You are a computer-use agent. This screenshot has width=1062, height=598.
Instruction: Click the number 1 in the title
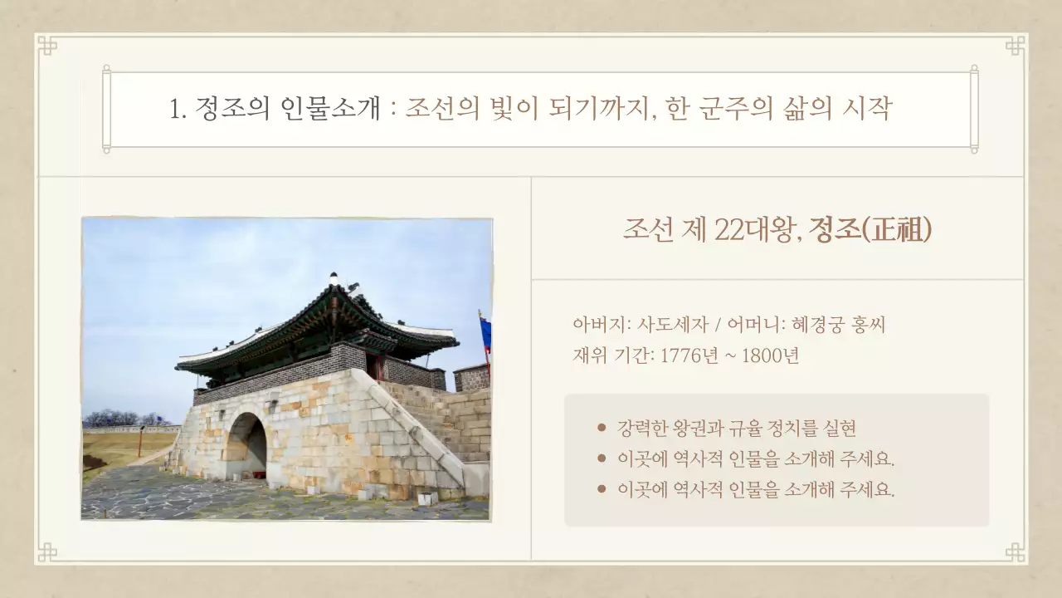coord(175,110)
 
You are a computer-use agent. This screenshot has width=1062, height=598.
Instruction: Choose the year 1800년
coord(771,355)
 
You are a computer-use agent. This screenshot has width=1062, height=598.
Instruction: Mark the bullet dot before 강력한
coord(602,429)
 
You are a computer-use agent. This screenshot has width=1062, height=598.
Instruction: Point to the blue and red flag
coord(485,333)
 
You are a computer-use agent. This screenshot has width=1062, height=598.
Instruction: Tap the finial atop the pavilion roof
coord(334,277)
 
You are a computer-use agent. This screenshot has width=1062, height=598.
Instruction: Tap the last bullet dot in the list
coord(602,488)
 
